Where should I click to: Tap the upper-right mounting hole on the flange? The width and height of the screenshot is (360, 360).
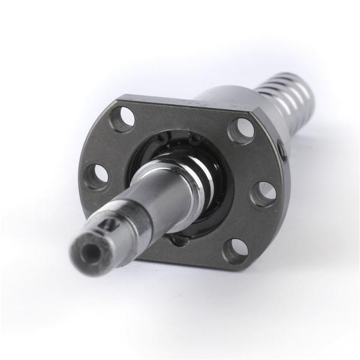pyautogui.click(x=243, y=131)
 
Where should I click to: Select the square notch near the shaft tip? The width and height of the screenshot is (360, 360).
pyautogui.click(x=110, y=224)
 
